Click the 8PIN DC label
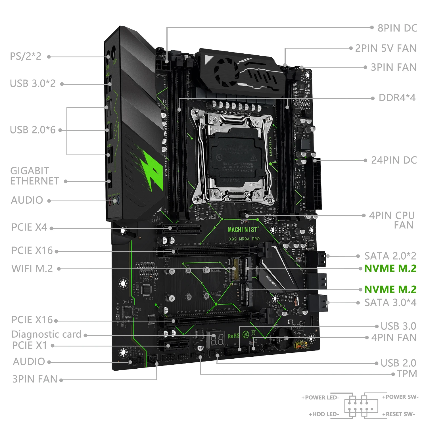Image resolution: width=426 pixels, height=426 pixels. point(397,28)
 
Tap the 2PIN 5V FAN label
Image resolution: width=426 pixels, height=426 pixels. point(385,48)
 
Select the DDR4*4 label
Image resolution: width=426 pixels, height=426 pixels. point(397,98)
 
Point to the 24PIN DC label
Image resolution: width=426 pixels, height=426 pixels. point(394,160)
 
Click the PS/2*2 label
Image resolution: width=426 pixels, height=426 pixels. point(26,56)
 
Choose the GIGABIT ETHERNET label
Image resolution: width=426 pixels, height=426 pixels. point(34,176)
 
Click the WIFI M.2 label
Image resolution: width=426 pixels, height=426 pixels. point(32,269)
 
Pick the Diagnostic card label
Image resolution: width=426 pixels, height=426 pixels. point(47,335)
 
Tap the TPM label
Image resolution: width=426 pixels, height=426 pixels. point(407,374)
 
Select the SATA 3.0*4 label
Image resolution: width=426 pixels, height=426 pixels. point(390,303)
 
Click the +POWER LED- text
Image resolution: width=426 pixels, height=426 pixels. point(320,398)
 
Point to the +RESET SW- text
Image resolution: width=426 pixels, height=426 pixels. point(398,414)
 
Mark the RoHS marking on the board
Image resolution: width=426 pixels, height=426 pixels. point(233,336)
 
